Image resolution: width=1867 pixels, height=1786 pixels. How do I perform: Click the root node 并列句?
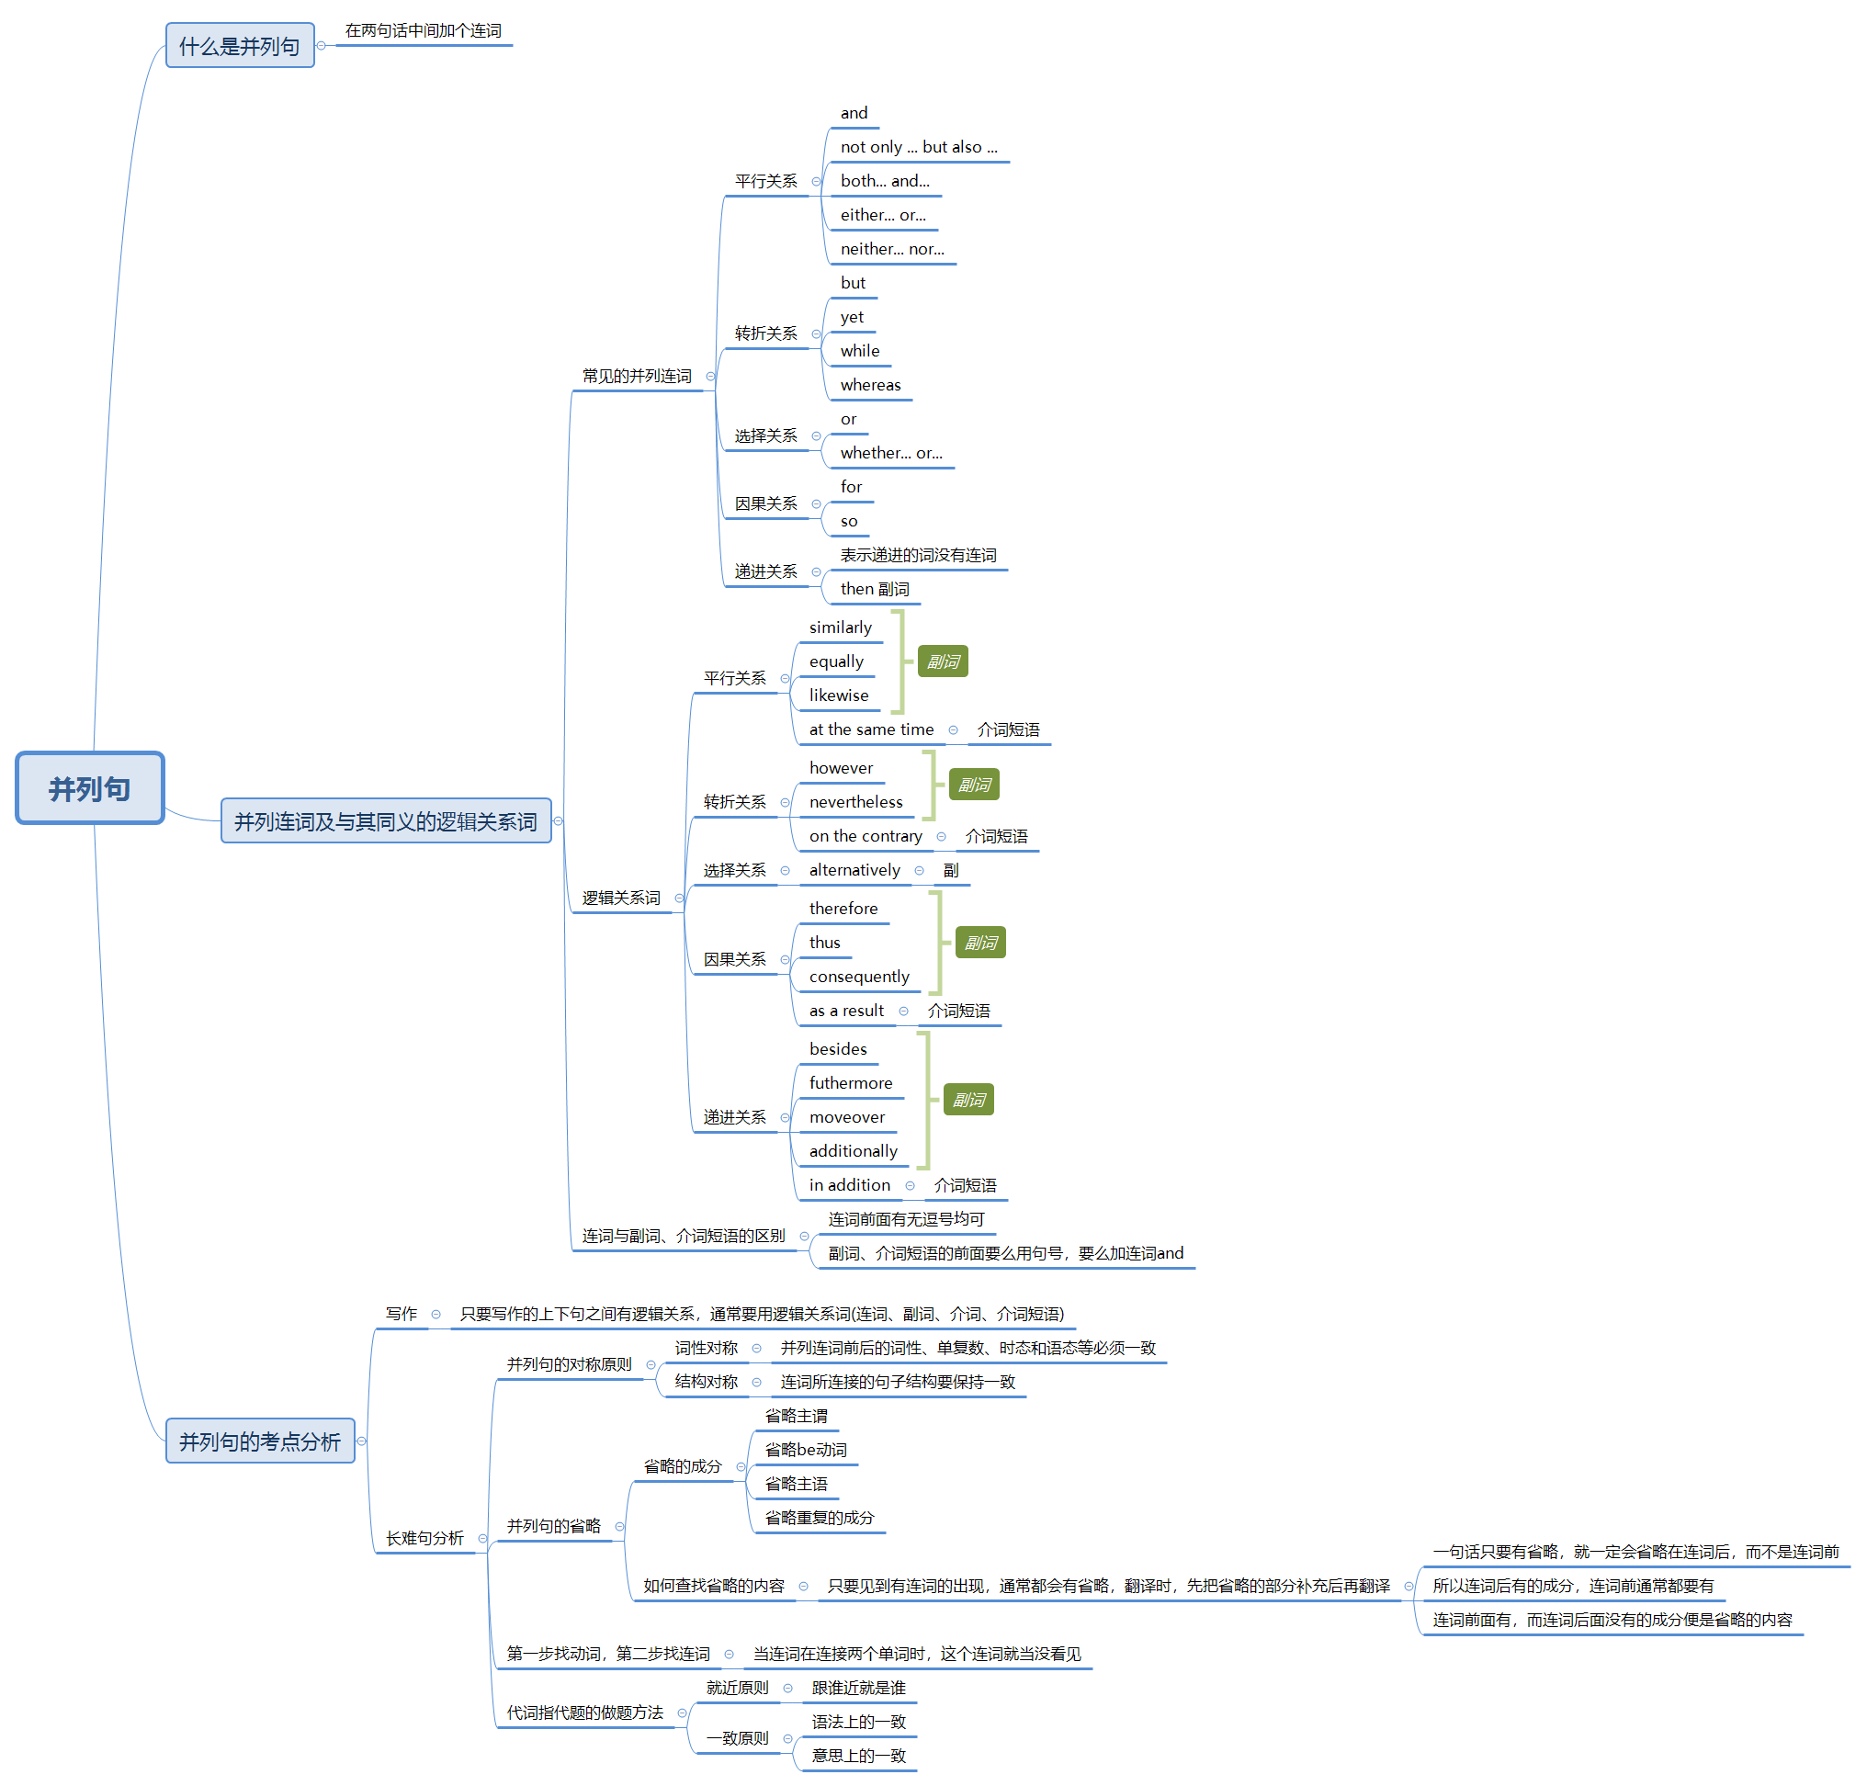89,787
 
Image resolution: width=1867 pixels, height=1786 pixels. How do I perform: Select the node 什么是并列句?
239,46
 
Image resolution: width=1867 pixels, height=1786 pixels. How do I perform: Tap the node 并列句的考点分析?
259,1441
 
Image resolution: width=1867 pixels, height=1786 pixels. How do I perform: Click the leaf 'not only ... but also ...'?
918,147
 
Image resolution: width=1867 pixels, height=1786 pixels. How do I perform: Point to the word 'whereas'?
869,385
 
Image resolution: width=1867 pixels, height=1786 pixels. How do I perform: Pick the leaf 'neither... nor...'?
891,248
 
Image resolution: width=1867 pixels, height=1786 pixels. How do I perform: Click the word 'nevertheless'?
855,802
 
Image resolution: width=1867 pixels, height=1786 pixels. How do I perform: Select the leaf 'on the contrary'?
865,836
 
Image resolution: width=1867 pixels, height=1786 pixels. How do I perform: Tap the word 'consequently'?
859,976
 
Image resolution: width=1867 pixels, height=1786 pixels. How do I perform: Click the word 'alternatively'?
854,870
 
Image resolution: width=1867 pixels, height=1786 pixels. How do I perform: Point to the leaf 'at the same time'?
870,729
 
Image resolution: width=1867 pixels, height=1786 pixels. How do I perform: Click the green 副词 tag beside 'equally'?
942,661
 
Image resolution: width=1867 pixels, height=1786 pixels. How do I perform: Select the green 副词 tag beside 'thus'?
979,943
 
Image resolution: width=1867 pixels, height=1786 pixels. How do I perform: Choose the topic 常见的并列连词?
636,376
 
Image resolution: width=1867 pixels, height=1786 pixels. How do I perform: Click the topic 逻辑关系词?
621,898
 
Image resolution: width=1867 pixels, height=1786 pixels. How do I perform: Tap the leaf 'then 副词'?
874,589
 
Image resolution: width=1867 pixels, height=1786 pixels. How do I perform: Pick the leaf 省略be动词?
805,1449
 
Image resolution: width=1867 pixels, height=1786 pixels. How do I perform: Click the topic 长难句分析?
424,1538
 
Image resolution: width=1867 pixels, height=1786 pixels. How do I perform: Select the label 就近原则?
736,1687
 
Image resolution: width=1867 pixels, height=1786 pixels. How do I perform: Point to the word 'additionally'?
852,1151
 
